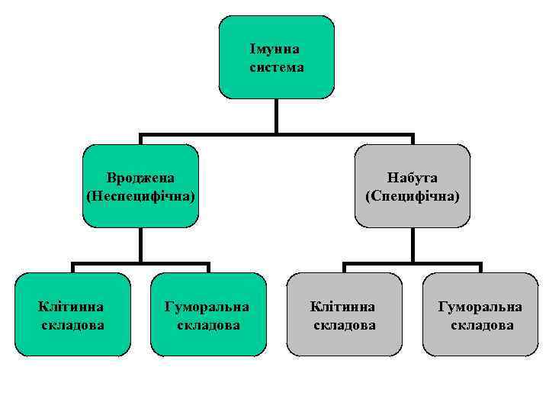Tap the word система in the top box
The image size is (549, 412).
276,67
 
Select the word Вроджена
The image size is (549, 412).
140,178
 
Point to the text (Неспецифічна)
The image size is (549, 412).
140,196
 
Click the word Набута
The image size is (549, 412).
413,178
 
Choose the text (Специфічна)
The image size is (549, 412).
413,196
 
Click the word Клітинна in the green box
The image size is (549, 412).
72,307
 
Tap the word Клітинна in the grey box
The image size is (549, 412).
343,307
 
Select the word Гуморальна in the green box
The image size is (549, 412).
208,307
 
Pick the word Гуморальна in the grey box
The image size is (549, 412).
480,307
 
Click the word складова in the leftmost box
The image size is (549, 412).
72,325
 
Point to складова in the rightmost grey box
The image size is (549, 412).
481,325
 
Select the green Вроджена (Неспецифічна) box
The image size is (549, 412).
140,214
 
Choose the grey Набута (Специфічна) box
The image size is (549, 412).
413,214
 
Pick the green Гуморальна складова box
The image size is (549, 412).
208,343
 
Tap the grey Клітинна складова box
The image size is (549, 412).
343,343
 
